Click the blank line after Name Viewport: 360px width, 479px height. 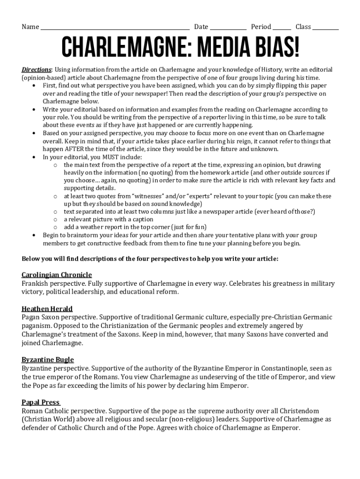click(115, 28)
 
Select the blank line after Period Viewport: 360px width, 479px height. click(282, 28)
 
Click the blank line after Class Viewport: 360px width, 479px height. click(325, 28)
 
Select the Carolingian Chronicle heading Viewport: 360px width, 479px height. click(57, 275)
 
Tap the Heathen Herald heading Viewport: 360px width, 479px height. click(47, 309)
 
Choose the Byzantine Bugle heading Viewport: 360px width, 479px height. click(48, 360)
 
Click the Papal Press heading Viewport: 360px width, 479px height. click(41, 402)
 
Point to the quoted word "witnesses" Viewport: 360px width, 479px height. click(149, 196)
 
